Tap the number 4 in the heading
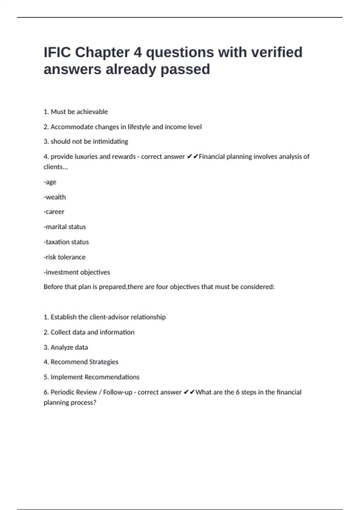pos(138,52)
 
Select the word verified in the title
pos(277,52)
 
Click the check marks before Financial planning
pos(192,157)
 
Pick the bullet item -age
pos(50,182)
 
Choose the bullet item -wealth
pos(55,197)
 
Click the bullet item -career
pos(54,212)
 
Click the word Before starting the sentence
pos(53,287)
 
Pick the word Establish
pos(63,317)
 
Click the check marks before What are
pos(189,392)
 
